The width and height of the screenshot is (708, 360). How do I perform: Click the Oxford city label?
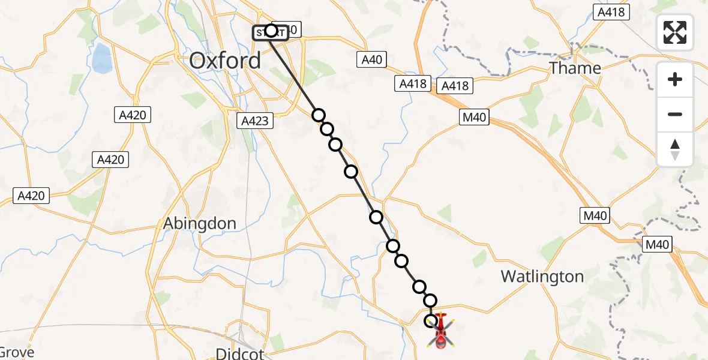coord(225,61)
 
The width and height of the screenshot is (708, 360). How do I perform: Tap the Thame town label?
coord(575,68)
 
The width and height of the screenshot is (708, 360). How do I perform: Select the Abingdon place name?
coord(200,223)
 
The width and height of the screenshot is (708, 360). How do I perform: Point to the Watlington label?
coord(542,277)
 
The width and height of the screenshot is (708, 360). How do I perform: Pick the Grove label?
coord(17,352)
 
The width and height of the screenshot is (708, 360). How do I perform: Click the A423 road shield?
coord(255,121)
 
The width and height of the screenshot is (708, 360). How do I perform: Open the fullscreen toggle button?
coord(675,32)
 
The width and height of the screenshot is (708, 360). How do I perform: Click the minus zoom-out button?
coord(675,115)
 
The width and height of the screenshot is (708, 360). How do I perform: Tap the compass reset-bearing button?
coord(675,149)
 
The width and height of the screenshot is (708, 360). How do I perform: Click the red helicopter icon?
coord(441,332)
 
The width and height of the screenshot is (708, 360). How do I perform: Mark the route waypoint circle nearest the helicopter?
coord(431,321)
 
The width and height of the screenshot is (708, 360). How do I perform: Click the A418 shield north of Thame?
coord(611,11)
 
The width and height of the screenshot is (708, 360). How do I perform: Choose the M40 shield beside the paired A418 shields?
coord(474,118)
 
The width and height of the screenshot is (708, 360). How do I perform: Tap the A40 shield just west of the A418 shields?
coord(371,59)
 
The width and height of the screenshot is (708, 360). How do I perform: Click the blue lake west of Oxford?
coord(103,58)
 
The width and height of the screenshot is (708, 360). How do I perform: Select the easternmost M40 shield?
coord(656,244)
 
